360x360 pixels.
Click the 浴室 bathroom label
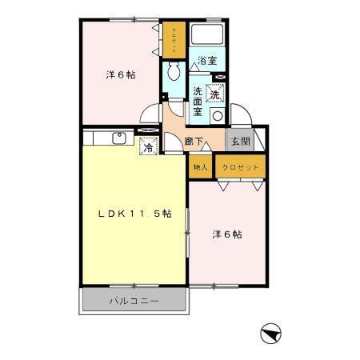pyautogui.click(x=208, y=60)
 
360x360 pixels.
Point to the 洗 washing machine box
pyautogui.click(x=214, y=94)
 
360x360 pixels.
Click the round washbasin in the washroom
pyautogui.click(x=216, y=115)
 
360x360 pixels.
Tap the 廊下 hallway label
pyautogui.click(x=193, y=142)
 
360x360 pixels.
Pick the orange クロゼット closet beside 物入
pyautogui.click(x=238, y=167)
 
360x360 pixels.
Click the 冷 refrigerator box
pyautogui.click(x=147, y=146)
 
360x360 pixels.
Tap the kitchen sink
pyautogui.click(x=118, y=138)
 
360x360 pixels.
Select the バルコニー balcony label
pyautogui.click(x=134, y=302)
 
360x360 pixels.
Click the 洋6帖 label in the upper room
pyautogui.click(x=121, y=75)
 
